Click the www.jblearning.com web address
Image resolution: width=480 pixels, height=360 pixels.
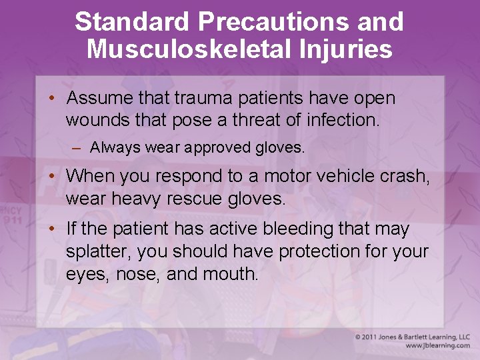437,346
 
